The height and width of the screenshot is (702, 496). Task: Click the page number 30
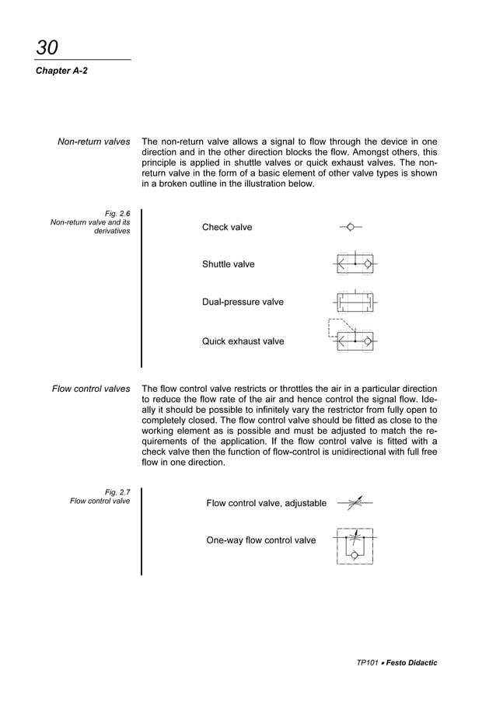47,47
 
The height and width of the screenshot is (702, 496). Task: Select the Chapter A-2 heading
60,71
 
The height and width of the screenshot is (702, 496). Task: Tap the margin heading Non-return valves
93,142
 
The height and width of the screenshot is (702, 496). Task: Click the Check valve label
227,227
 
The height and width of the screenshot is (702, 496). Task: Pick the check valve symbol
351,227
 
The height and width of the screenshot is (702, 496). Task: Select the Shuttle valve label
228,264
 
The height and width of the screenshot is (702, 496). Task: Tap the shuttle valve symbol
355,264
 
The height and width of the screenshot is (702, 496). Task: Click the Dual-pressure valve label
243,302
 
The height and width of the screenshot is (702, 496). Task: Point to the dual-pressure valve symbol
355,301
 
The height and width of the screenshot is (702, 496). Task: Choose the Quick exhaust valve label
243,341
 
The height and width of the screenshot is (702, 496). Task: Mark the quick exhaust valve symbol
352,336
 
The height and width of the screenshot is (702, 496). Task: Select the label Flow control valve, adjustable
266,503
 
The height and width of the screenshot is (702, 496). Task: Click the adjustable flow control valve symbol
355,503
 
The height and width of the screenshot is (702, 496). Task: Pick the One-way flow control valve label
260,540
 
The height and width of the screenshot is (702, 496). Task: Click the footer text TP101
367,663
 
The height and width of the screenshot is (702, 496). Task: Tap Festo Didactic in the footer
412,663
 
